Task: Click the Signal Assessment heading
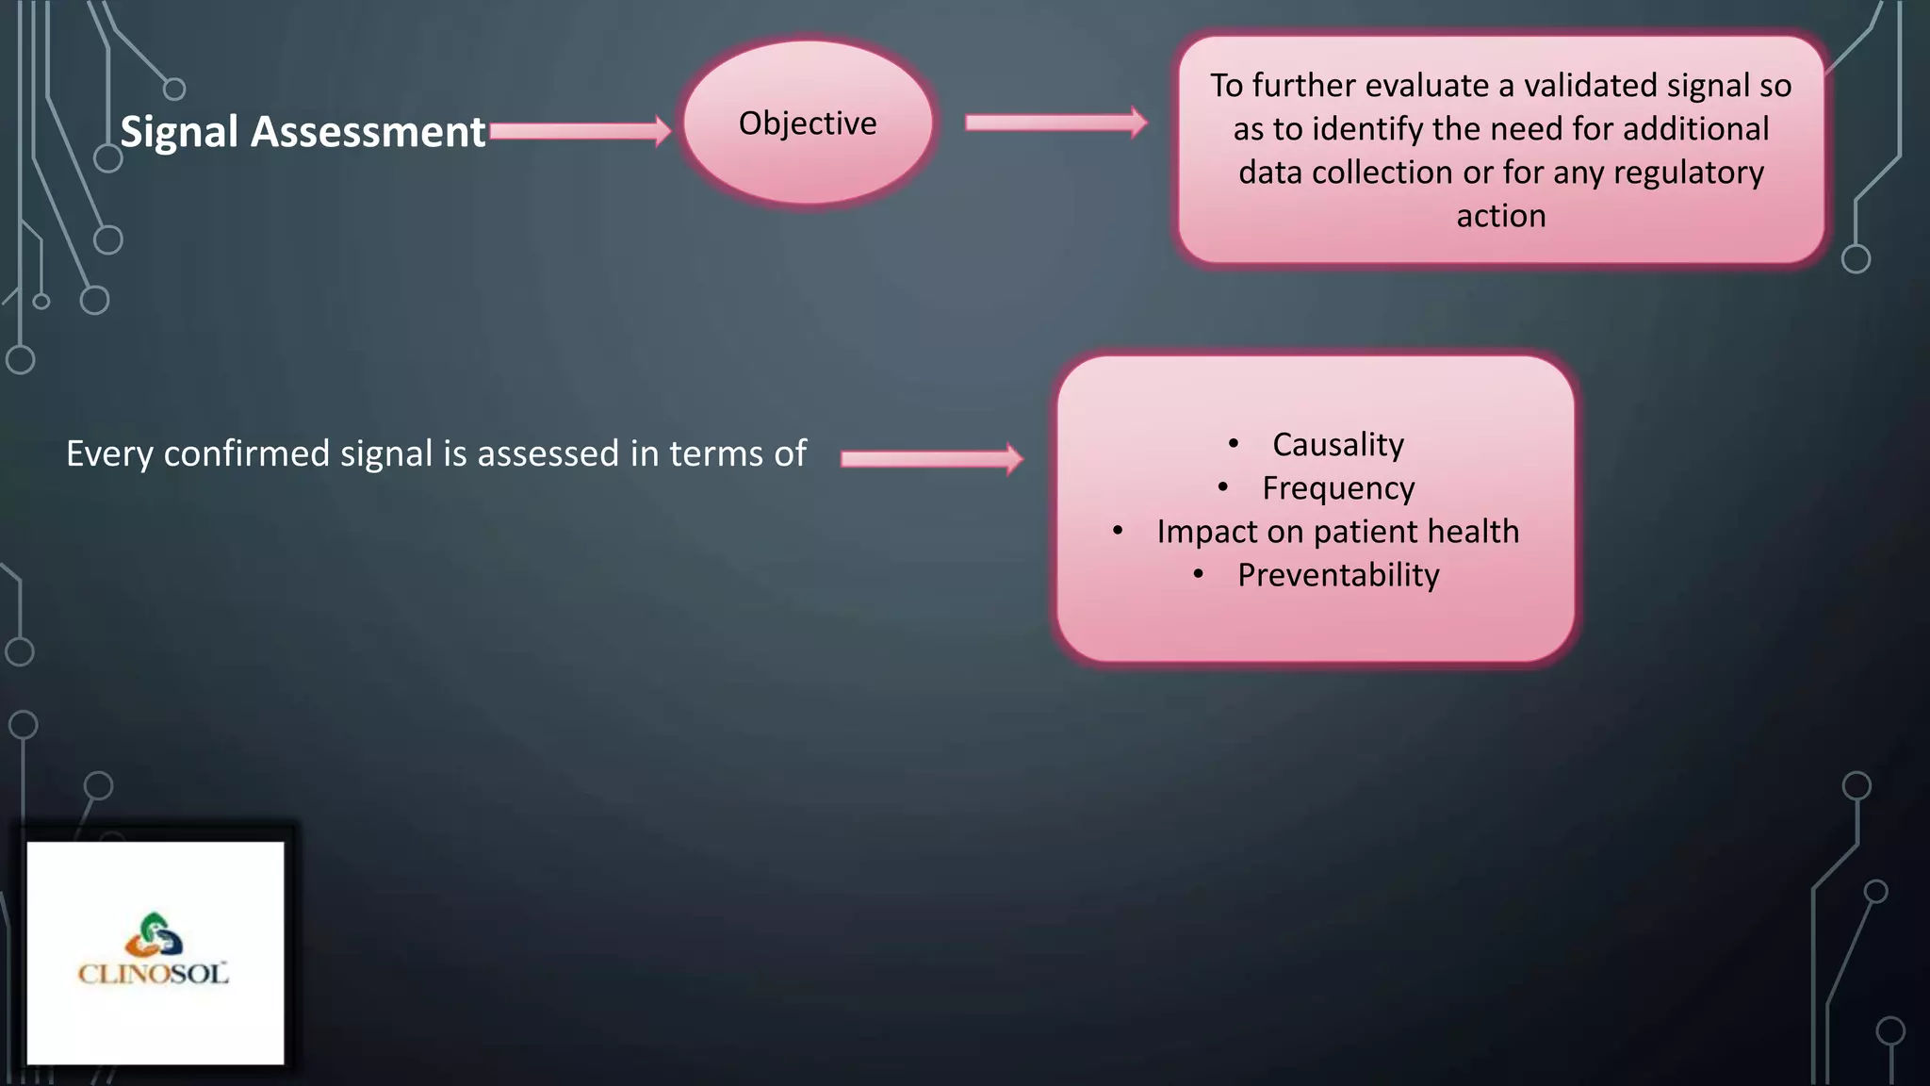point(303,132)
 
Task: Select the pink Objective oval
point(808,123)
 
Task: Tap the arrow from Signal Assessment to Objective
point(580,131)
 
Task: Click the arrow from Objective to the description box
point(1055,123)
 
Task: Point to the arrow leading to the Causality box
point(931,458)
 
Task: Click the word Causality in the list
point(1338,445)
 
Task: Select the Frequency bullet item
point(1338,488)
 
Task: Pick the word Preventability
point(1338,575)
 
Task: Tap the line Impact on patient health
point(1338,532)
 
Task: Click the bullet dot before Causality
point(1234,443)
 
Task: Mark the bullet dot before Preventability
point(1199,573)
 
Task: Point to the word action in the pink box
point(1501,216)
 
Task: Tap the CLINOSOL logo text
point(154,974)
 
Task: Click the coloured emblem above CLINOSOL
point(155,934)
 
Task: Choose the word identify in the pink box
point(1356,129)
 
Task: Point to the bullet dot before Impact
point(1118,531)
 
